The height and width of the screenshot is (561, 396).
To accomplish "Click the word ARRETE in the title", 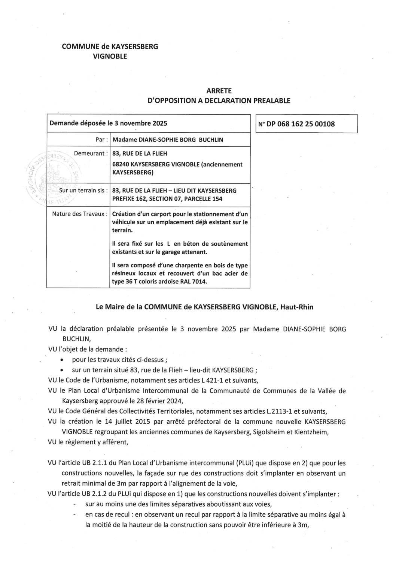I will click(x=219, y=91).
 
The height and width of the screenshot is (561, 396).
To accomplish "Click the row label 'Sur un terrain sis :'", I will click(x=83, y=190).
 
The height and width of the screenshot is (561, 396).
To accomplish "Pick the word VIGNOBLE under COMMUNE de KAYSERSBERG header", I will click(x=110, y=56).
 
